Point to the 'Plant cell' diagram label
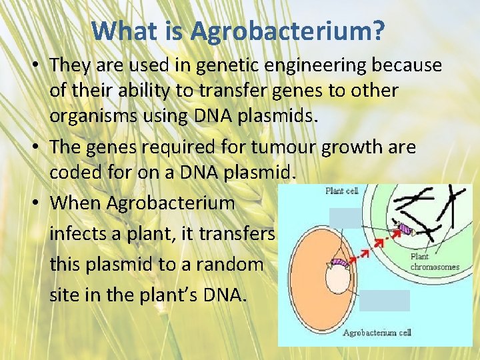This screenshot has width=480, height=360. coord(341,191)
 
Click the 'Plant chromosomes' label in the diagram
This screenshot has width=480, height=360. coord(435,262)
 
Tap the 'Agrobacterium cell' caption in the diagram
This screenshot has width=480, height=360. coord(378,332)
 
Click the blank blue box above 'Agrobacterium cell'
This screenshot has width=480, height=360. coord(385,301)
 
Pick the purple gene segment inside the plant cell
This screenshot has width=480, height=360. coord(405,229)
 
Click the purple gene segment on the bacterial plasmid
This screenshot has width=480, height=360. coord(341,263)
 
